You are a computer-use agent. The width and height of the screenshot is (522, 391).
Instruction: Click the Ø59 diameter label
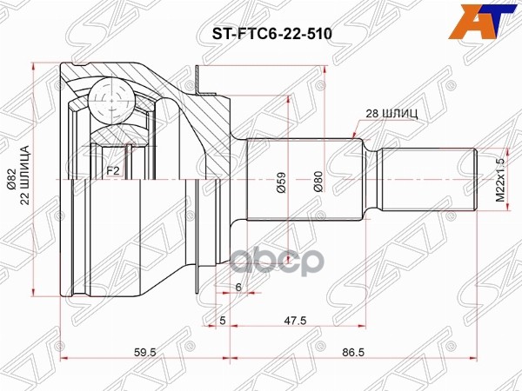coord(280,182)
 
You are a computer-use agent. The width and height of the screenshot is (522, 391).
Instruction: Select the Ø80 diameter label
coord(318,182)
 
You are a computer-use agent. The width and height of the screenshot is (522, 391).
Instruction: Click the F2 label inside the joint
coord(112,171)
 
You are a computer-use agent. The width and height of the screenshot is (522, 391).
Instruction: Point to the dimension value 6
coord(236,288)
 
